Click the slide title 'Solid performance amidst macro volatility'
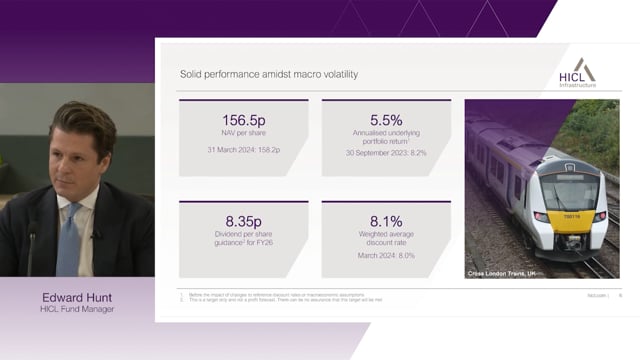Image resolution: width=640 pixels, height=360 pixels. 268,74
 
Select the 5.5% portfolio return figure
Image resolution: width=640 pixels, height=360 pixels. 386,116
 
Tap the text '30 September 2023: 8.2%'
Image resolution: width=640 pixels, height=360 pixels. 386,154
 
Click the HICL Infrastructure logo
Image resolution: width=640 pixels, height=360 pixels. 577,74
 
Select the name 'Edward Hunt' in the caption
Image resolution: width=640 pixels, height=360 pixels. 77,297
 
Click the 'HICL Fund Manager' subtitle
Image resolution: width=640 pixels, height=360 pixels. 77,309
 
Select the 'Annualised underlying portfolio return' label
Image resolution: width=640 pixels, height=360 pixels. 386,137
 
